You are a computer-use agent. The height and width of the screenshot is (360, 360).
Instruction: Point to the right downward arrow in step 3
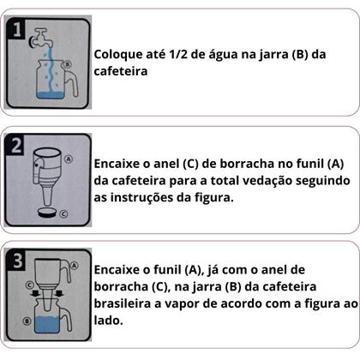tap(62, 294)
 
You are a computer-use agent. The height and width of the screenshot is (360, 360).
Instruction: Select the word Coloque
tap(119, 52)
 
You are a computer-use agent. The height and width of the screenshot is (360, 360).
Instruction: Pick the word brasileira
tap(123, 304)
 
